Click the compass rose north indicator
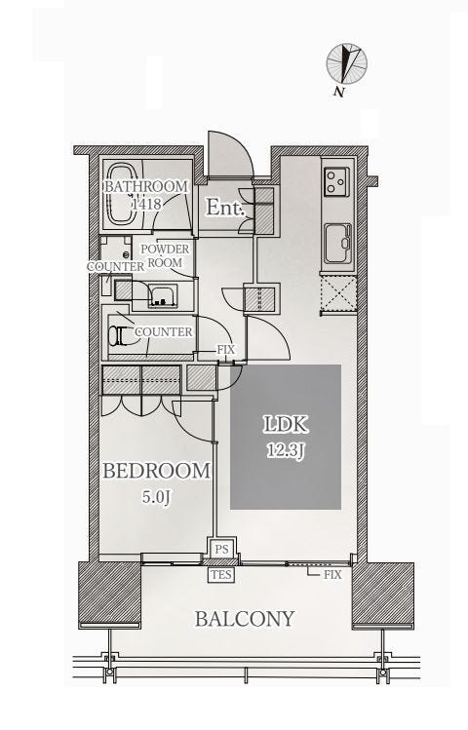coord(347,62)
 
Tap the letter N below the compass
coord(339,92)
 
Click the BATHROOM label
coord(145,187)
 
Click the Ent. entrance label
coord(225,208)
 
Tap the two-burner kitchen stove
coord(336,180)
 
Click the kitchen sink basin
coord(338,243)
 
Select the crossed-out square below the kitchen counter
coord(338,293)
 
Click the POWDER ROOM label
coord(165,255)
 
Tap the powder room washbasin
coord(163,296)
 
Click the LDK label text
coord(286,424)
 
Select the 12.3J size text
coord(286,450)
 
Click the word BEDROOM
coord(156,471)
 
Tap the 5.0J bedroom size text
coord(156,497)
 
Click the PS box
coord(222,550)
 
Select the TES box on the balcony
coord(221,574)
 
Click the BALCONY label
coord(245,619)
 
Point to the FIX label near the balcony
coord(332,574)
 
